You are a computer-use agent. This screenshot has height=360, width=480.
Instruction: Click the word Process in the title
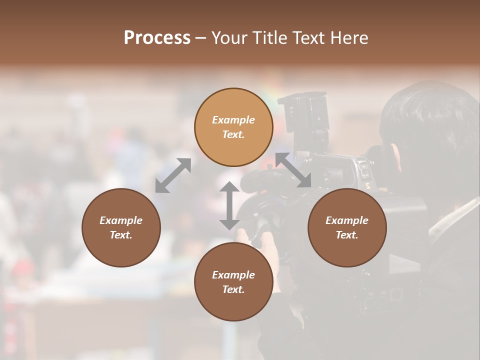tap(157, 38)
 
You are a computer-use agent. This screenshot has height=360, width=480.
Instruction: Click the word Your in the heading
tap(231, 38)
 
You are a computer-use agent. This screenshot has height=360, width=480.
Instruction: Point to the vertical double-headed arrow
tap(229, 205)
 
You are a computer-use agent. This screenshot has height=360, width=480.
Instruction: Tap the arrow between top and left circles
tap(173, 175)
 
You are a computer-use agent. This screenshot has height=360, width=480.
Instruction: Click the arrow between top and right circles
tap(293, 170)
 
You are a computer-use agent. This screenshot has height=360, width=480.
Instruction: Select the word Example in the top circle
tap(233, 120)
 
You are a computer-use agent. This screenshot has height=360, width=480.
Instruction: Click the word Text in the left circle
tap(121, 235)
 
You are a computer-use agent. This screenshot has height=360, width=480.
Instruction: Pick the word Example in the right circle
tap(347, 220)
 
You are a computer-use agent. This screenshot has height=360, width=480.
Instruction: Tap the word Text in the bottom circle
tap(233, 289)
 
